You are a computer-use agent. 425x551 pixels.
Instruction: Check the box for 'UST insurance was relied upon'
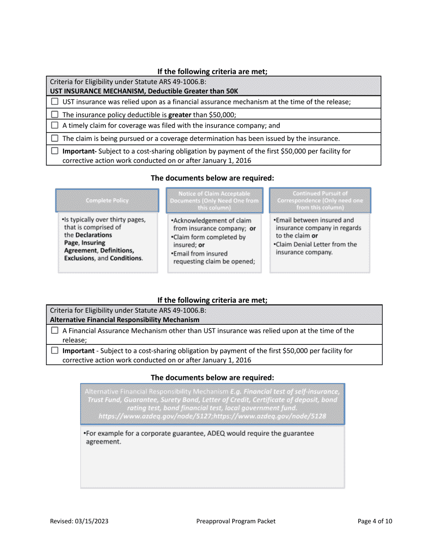point(55,102)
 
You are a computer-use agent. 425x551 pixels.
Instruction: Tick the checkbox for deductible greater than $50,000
point(55,115)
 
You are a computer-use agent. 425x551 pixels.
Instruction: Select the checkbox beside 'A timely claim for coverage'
point(55,126)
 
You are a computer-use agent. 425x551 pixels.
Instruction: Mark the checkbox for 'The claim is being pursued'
point(55,138)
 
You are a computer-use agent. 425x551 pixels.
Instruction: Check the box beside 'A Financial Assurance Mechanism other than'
point(55,331)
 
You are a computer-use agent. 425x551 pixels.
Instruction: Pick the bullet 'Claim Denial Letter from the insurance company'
point(316,248)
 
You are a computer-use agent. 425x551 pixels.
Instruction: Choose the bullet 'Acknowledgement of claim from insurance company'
point(210,225)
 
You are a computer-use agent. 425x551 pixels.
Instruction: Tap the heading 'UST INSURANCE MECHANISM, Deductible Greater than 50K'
point(144,91)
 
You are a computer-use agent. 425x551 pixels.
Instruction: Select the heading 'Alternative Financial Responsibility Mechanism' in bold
point(125,320)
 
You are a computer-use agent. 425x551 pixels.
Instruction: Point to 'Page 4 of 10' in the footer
point(375,521)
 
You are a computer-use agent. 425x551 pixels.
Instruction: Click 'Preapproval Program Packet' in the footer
point(236,521)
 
